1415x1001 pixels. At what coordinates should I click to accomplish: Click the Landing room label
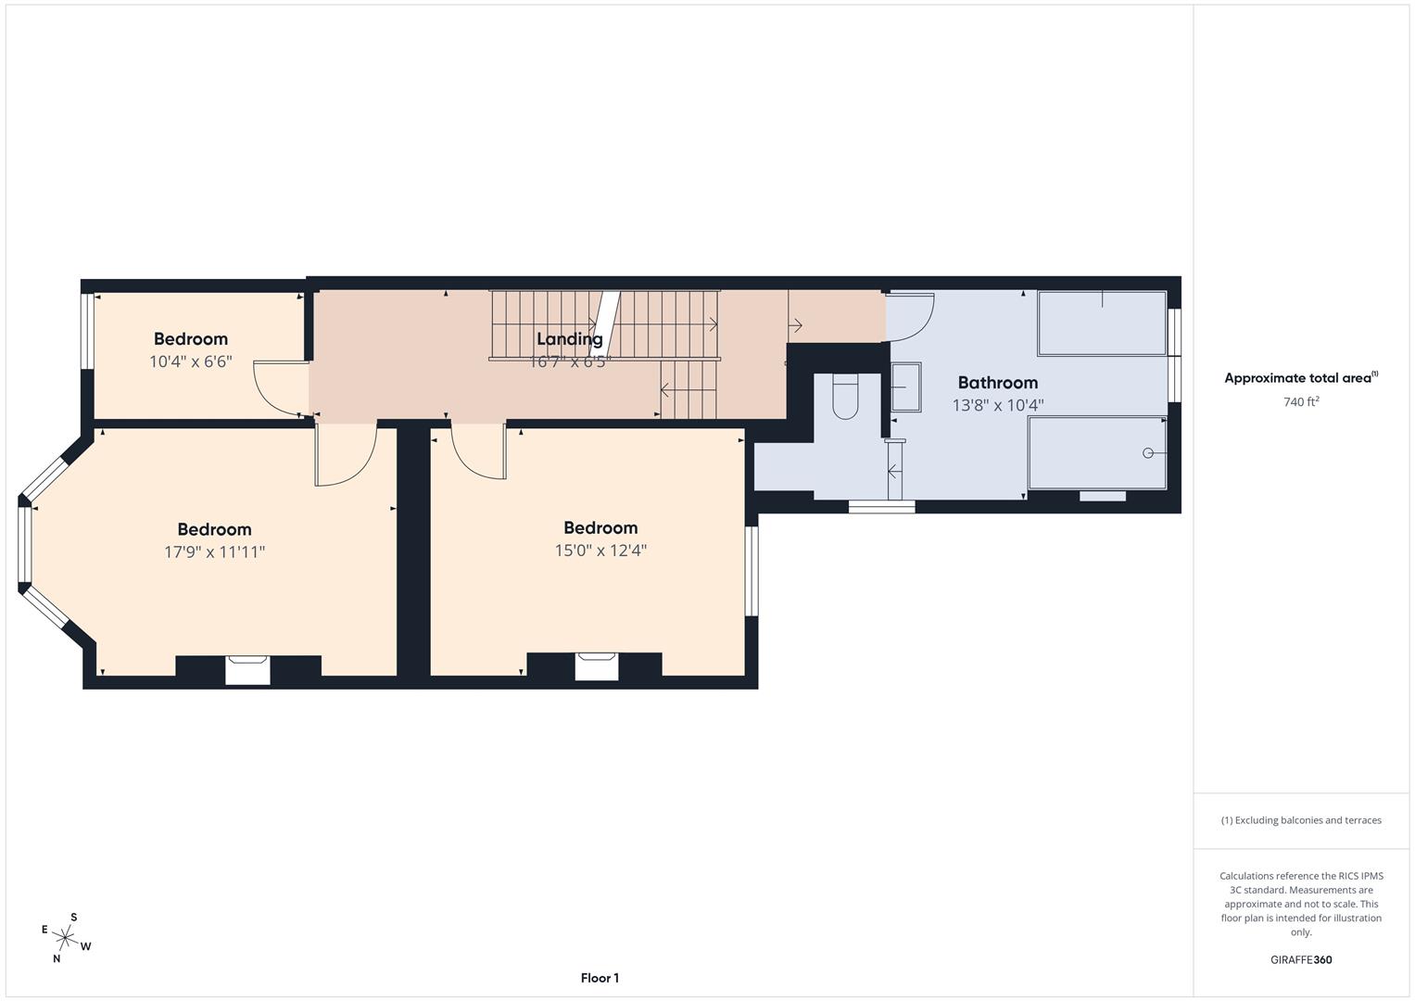click(x=569, y=339)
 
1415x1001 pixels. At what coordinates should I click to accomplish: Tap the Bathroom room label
click(x=997, y=383)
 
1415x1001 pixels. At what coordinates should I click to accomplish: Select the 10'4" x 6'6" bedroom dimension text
click(x=190, y=361)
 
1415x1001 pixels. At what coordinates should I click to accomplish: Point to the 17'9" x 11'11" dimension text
click(x=214, y=552)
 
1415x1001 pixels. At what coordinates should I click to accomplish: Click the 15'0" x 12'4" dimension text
click(x=600, y=551)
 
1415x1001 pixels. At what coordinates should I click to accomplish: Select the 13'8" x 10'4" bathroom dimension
click(x=997, y=405)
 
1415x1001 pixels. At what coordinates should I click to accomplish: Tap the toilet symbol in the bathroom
click(x=846, y=398)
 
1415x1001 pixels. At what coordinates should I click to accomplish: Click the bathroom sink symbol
click(x=906, y=387)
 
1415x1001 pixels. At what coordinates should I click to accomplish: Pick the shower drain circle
click(x=1148, y=452)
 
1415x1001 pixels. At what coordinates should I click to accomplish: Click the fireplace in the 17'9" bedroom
click(x=247, y=669)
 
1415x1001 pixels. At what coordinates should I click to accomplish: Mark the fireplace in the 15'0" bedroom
click(x=596, y=666)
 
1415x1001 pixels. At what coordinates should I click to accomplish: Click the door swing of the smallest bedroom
click(x=279, y=388)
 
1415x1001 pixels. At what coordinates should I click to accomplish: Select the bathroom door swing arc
click(x=912, y=315)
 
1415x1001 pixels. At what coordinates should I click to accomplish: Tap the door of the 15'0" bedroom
click(x=479, y=452)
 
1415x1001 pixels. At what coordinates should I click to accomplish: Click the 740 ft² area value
click(x=1300, y=402)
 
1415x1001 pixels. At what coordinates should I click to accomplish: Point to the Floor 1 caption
click(x=600, y=978)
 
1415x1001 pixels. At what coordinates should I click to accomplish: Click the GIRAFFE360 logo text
click(x=1300, y=960)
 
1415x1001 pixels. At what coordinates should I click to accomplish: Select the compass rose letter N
click(x=57, y=959)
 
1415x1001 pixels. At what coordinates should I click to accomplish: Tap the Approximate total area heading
click(x=1300, y=378)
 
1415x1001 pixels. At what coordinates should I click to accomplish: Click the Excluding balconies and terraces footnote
click(x=1300, y=820)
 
